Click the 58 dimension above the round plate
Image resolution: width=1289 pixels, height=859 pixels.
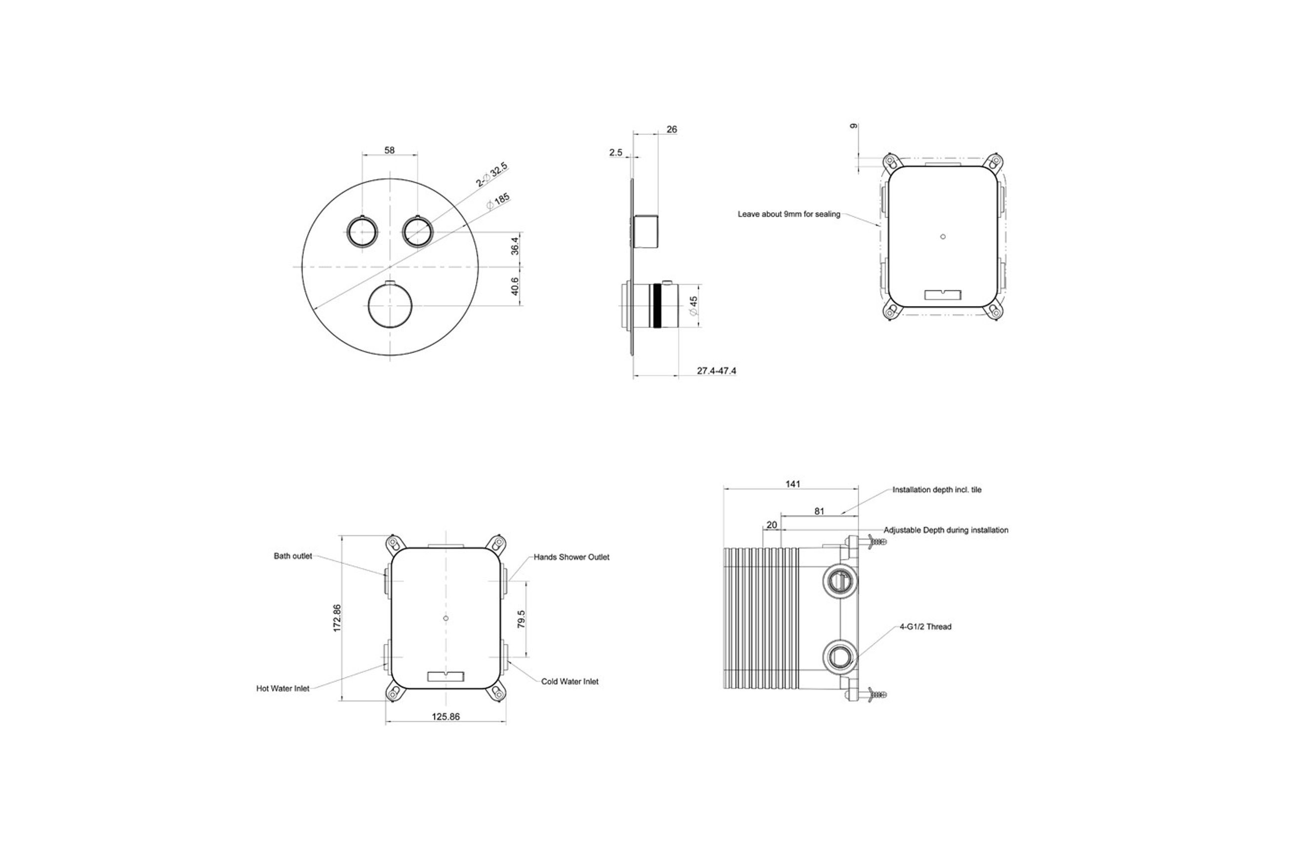tap(389, 150)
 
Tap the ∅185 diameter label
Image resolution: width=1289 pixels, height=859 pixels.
tap(498, 201)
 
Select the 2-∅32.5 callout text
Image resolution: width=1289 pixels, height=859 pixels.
tap(491, 175)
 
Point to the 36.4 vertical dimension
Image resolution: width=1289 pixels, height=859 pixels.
tap(515, 245)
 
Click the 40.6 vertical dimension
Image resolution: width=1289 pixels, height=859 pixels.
tap(515, 286)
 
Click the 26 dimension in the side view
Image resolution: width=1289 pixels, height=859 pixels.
tap(672, 130)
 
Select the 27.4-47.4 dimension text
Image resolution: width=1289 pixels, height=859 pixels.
tap(716, 371)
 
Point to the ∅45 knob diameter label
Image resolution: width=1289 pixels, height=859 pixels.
tap(693, 306)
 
